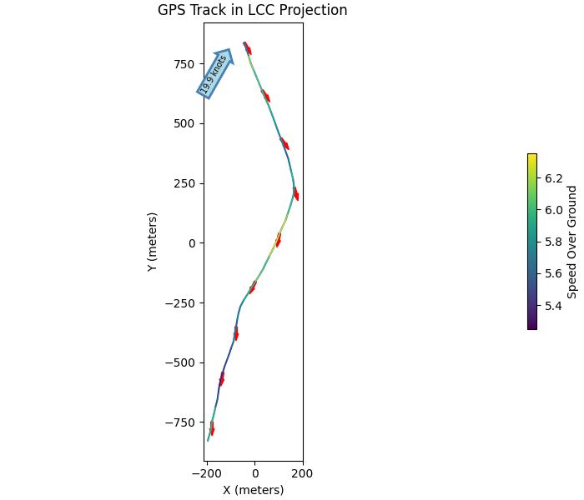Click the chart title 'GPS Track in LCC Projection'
coord(252,11)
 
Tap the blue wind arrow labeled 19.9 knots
coord(214,73)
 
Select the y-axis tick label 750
coord(183,64)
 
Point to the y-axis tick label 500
coord(183,123)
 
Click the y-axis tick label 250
coord(183,183)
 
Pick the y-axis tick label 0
coord(190,243)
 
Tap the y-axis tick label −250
coord(179,303)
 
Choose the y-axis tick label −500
coord(179,362)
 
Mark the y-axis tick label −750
coord(179,422)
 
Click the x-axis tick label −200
coord(205,474)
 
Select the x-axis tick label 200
coord(302,474)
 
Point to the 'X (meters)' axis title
coord(253,490)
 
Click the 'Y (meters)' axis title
coord(153,242)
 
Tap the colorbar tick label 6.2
coord(553,178)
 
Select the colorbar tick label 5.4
coord(553,306)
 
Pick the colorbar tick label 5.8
coord(553,242)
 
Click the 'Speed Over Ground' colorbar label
coord(572,242)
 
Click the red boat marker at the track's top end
coord(247,48)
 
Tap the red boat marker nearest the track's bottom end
coord(212,428)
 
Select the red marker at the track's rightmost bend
coord(295,194)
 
